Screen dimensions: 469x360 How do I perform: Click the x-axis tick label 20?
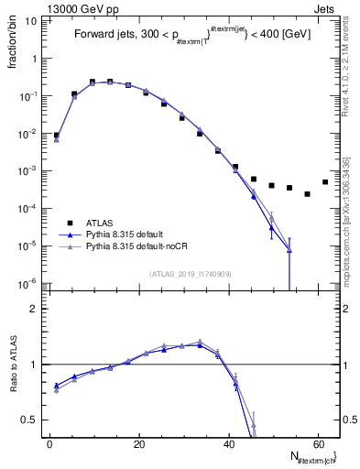point(138,443)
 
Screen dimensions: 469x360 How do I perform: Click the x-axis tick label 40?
point(228,443)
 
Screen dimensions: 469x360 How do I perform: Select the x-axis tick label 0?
point(49,443)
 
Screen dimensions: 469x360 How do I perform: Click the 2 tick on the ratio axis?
point(38,309)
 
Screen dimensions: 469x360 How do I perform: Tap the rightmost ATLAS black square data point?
point(325,182)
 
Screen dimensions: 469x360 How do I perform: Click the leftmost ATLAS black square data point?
point(57,135)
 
